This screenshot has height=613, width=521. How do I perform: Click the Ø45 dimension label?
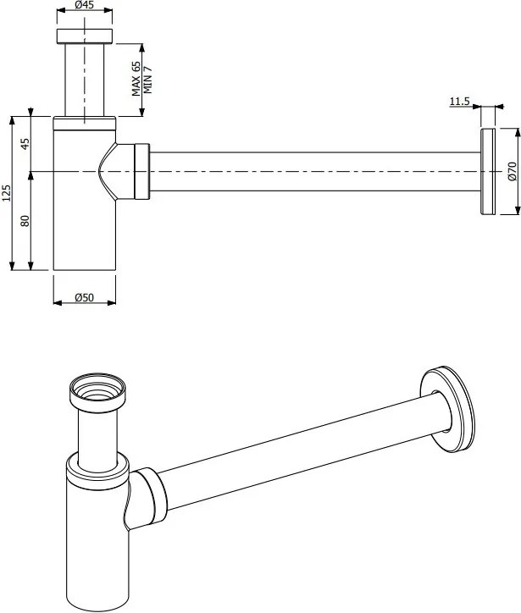coord(84,5)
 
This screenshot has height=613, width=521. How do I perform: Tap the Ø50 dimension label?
coord(84,297)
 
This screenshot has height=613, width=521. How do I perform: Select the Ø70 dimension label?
coord(513,171)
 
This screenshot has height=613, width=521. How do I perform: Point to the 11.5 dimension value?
coord(459,102)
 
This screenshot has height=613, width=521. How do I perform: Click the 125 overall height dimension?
coord(7,193)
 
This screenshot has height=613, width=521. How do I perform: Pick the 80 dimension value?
coord(25,221)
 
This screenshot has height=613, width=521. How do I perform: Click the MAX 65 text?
coord(136,79)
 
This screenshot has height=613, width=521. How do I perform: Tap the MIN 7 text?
coord(147,80)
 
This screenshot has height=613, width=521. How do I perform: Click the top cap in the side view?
coord(85,36)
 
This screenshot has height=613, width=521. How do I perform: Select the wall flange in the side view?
coord(488,171)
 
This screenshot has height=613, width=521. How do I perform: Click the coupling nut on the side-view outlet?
coord(142,171)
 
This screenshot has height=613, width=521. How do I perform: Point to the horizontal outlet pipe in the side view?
coord(315,171)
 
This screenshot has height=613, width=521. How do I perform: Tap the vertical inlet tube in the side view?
coord(85,80)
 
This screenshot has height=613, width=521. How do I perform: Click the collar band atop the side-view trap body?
coord(85,123)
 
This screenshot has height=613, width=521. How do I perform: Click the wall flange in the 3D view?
coord(448,410)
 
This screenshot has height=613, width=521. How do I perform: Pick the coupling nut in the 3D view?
coord(153,495)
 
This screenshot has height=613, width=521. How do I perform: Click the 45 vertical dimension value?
coord(25,144)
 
